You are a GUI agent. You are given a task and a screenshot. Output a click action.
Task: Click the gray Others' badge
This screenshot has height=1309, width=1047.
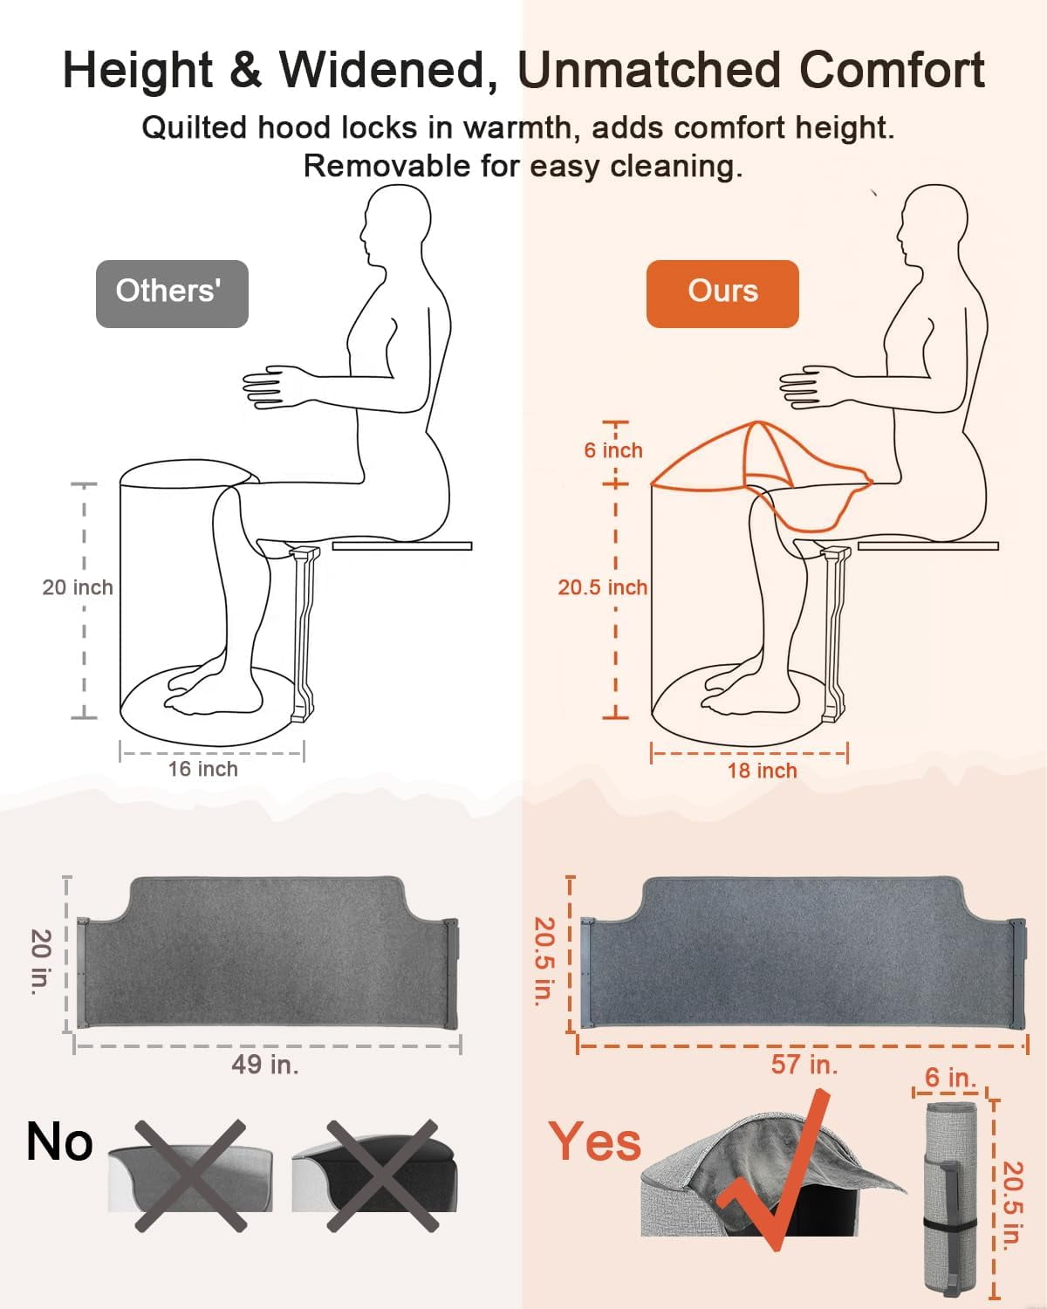(x=172, y=294)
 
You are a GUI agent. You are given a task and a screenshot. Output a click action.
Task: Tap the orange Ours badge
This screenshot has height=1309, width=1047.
(x=722, y=294)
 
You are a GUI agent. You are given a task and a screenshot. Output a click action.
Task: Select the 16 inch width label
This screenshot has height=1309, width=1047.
(x=203, y=769)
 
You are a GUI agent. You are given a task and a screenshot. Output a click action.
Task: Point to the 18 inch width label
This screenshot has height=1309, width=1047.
(x=763, y=771)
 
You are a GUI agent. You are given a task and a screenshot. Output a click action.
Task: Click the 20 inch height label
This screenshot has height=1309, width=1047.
(x=78, y=587)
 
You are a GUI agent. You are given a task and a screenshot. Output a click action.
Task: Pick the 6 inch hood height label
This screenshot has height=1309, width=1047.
(x=613, y=450)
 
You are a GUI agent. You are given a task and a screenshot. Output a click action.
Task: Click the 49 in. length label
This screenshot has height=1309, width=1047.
(x=265, y=1064)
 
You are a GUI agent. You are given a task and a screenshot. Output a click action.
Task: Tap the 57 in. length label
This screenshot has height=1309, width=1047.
(x=804, y=1064)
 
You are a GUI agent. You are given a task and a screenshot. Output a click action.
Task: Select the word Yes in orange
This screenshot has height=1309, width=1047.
(x=595, y=1141)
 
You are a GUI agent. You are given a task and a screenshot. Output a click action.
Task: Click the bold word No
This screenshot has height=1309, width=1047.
(x=59, y=1141)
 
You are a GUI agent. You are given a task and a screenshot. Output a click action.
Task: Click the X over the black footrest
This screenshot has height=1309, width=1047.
(x=383, y=1175)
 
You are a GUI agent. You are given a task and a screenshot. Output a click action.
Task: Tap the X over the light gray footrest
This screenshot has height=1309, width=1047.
(x=190, y=1175)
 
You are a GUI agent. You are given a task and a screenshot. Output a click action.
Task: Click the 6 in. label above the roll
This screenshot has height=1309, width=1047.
(x=950, y=1077)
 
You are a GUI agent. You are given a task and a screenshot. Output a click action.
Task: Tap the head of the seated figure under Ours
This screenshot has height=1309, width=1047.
(x=932, y=224)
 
